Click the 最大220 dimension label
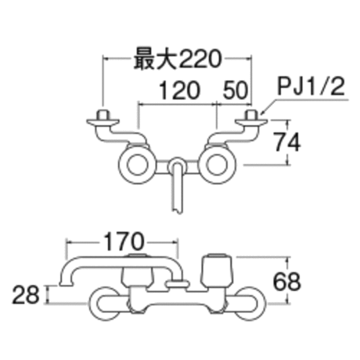(x=178, y=58)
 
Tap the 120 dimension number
(x=179, y=90)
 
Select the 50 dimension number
(x=236, y=90)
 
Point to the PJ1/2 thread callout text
(x=311, y=86)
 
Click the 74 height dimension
(x=288, y=142)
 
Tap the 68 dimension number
(x=287, y=281)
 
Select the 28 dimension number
(x=26, y=295)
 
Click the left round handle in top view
(x=137, y=165)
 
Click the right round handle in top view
(x=217, y=165)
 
